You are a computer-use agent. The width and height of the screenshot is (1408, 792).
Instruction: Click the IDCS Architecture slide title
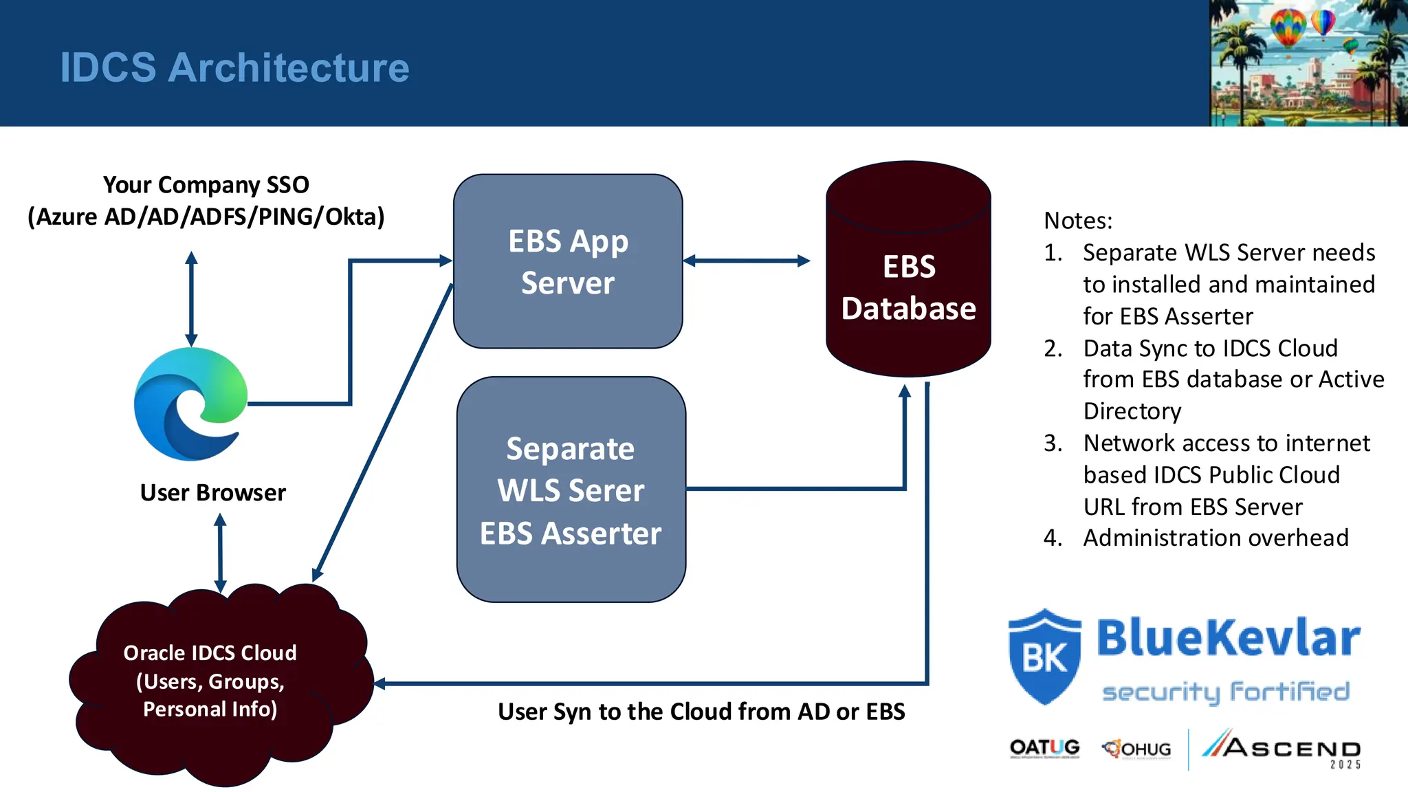(x=234, y=67)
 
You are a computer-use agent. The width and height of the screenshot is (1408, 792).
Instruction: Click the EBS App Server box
(x=568, y=261)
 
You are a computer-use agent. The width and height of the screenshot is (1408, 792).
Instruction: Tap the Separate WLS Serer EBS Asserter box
(x=571, y=490)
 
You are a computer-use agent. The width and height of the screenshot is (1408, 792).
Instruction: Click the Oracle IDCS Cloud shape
(x=210, y=681)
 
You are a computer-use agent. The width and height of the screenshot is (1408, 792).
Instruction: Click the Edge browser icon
(x=190, y=404)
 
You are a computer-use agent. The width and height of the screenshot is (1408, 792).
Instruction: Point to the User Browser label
(x=212, y=493)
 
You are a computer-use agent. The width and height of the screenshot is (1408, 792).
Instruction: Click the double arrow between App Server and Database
(x=747, y=261)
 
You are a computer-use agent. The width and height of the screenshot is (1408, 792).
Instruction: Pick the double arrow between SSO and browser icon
(x=191, y=299)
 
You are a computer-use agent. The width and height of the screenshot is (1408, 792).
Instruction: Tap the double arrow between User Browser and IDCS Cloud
(x=220, y=553)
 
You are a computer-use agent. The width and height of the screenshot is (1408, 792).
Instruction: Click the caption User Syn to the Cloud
(x=701, y=712)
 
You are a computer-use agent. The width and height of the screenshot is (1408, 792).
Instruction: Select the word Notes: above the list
(x=1077, y=221)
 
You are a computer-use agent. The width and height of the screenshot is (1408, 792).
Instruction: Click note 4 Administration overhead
(x=1215, y=538)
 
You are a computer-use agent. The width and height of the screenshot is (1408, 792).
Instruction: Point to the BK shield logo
(x=1044, y=657)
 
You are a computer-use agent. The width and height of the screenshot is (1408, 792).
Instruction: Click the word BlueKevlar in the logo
(x=1228, y=638)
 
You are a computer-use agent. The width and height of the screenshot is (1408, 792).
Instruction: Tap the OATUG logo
(x=1044, y=748)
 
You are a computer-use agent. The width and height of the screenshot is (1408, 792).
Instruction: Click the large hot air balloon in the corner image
(x=1288, y=27)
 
